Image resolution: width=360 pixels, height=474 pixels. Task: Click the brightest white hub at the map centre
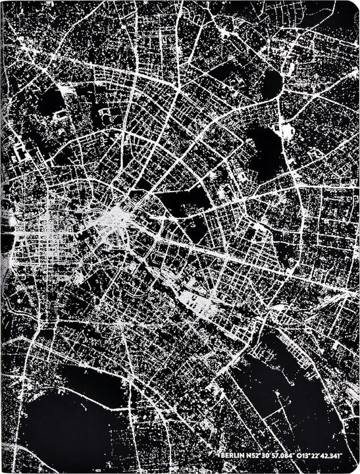(116, 217)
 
